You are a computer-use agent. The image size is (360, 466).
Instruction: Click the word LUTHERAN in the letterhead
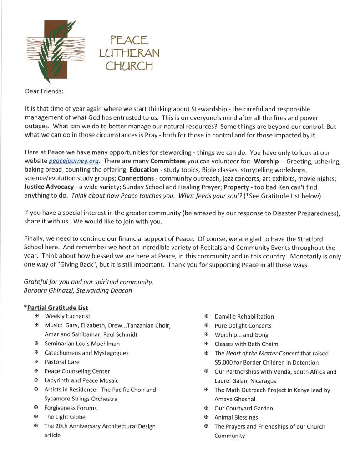[x=129, y=53]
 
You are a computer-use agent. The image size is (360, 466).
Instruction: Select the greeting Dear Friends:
[x=44, y=91]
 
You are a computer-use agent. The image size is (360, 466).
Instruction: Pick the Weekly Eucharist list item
[x=67, y=316]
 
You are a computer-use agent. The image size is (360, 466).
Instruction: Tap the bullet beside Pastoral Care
[x=36, y=362]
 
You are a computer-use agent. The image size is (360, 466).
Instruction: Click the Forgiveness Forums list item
[x=71, y=408]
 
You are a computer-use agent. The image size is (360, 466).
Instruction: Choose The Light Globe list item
[x=65, y=417]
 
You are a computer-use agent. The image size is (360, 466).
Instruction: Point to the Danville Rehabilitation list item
[x=244, y=316]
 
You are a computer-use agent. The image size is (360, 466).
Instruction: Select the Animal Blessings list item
[x=236, y=417]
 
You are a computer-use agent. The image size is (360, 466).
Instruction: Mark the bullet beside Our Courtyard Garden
[x=206, y=408]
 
